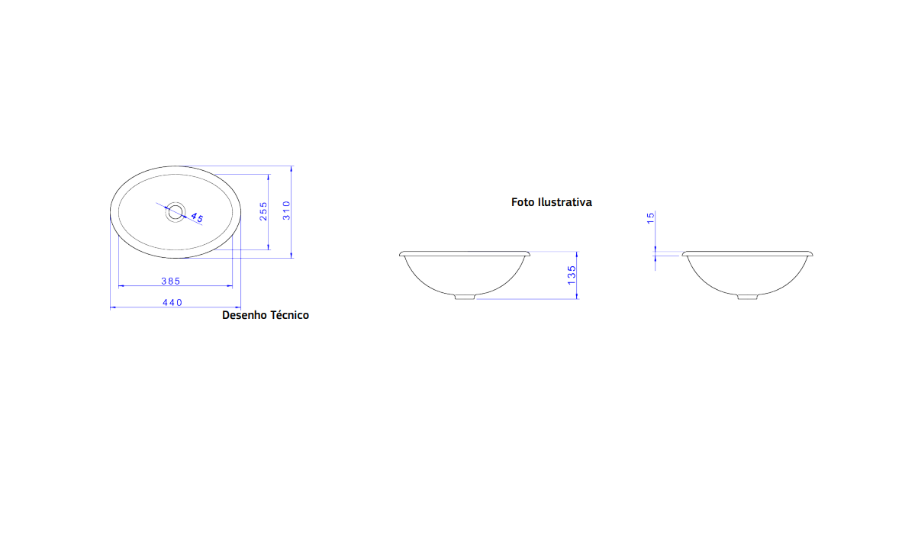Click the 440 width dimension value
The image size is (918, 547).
point(172,303)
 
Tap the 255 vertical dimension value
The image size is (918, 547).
point(263,211)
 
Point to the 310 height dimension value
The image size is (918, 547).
point(286,210)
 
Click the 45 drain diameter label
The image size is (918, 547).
point(196,217)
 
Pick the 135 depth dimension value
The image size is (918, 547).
point(572,275)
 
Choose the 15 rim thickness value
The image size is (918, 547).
point(650,218)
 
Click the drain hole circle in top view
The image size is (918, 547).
point(176,211)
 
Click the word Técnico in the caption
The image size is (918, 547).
point(288,314)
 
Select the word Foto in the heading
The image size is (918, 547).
point(523,202)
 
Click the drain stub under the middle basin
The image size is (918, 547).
point(464,296)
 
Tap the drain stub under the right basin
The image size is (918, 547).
point(747,296)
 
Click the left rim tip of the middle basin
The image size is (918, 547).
point(401,253)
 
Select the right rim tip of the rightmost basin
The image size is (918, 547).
point(812,253)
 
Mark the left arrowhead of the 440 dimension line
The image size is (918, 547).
point(113,307)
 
